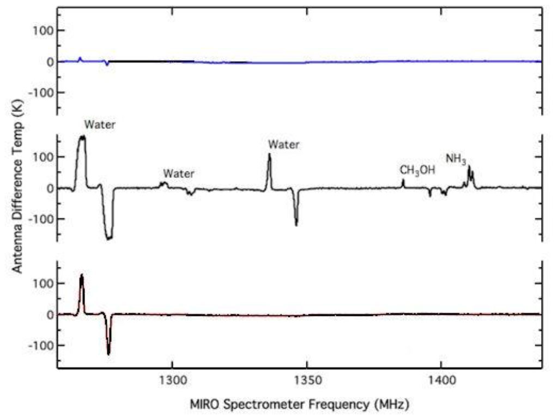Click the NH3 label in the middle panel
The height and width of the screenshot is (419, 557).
[456, 159]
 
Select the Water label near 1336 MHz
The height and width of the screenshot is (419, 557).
[283, 145]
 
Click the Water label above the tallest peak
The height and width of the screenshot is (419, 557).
[99, 124]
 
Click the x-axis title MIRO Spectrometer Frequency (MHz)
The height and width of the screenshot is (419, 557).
[299, 405]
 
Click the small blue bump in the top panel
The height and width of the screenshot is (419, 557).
[80, 58]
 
